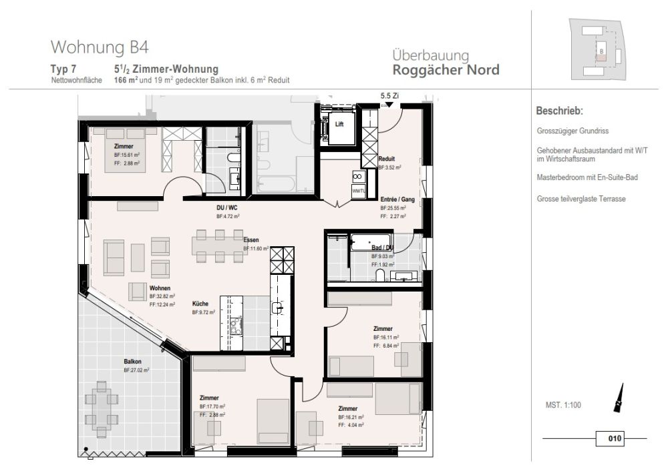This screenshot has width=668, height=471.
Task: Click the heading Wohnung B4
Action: [x=99, y=47]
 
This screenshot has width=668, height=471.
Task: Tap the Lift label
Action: [x=339, y=123]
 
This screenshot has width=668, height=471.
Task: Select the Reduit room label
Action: [x=386, y=159]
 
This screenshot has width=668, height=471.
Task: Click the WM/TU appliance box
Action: [x=359, y=191]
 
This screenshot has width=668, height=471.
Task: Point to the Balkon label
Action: [x=132, y=361]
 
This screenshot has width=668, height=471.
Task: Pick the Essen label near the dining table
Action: [x=251, y=240]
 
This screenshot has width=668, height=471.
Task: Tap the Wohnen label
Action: [x=158, y=288]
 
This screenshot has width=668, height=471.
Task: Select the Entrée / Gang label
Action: [x=393, y=199]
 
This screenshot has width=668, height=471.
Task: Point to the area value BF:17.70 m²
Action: [x=212, y=406]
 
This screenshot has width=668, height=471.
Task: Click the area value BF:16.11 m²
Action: [x=385, y=338]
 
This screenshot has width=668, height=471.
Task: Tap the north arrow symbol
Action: [x=619, y=398]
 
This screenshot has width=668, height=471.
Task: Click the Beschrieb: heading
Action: [x=560, y=111]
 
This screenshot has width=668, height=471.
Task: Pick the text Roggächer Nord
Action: [x=446, y=69]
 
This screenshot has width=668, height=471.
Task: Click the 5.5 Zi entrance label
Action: [x=389, y=96]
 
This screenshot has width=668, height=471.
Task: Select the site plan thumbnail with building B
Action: [x=599, y=49]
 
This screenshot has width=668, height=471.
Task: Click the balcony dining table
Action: [x=102, y=402]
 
